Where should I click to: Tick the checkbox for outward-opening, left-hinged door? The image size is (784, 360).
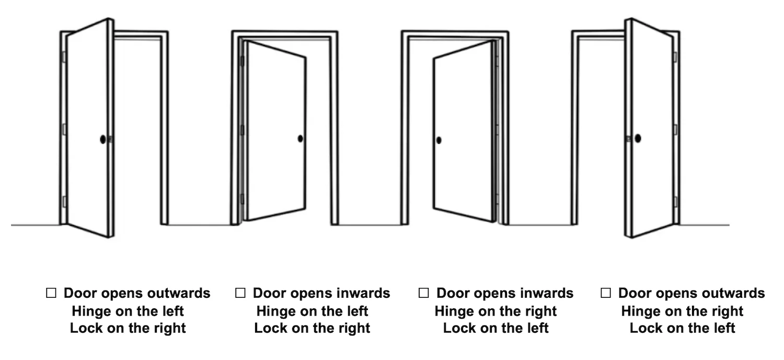[x=51, y=293]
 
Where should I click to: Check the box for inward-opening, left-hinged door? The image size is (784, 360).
[x=240, y=293]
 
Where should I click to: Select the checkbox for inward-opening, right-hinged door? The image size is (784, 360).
[x=423, y=293]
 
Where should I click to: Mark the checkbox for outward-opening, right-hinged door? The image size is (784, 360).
[x=605, y=293]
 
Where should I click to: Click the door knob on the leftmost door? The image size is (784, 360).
[x=103, y=139]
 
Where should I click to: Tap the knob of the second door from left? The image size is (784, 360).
[x=301, y=138]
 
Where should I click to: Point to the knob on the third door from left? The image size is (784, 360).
[x=439, y=140]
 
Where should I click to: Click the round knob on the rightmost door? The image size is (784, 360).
[x=638, y=138]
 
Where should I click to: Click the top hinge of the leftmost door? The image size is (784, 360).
[x=64, y=57]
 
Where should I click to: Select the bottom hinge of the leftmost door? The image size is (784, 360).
[x=64, y=201]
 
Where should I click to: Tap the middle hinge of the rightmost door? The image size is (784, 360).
[x=675, y=130]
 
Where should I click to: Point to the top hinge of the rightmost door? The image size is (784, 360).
[x=675, y=57]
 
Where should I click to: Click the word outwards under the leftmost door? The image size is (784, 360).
[x=180, y=293]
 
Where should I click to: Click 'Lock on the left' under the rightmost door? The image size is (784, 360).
[x=682, y=328]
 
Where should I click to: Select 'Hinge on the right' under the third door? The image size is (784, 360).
[x=495, y=311]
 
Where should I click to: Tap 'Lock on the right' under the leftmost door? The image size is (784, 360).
[x=128, y=328]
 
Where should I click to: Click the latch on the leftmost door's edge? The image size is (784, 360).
[x=111, y=139]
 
